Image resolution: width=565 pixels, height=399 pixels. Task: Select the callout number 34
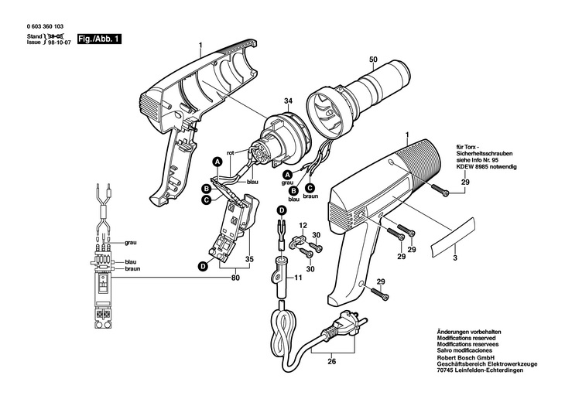pyautogui.click(x=266, y=101)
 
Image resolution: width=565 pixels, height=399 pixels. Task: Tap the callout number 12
pyautogui.click(x=303, y=225)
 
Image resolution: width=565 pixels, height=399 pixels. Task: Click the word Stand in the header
pyautogui.click(x=34, y=36)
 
